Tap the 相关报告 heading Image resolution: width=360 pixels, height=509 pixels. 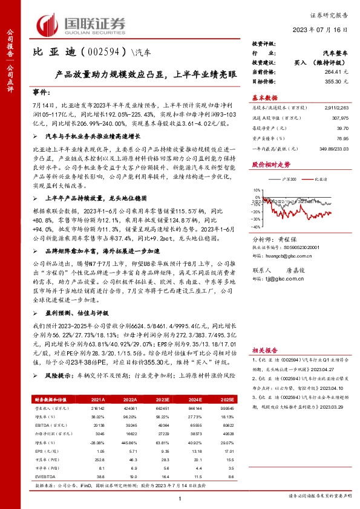(x=264, y=350)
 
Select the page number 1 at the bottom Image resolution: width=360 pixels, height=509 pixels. (x=180, y=499)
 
